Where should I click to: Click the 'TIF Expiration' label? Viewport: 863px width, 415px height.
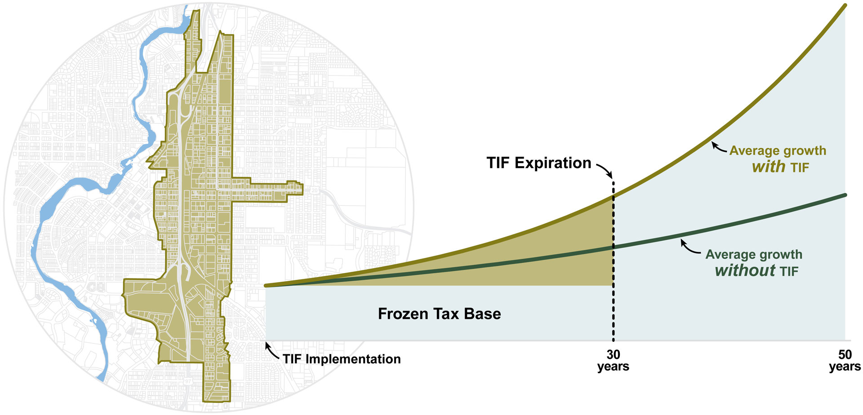coord(538,163)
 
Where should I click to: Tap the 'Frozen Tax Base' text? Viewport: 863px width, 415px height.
coord(439,313)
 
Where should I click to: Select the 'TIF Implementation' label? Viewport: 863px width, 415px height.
coord(342,359)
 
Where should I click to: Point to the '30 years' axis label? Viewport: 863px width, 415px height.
coord(613,361)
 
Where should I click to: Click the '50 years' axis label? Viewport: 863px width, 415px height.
coord(845,361)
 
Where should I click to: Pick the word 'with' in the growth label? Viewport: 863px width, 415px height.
coord(768,167)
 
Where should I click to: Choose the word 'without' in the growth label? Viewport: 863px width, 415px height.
coord(745,270)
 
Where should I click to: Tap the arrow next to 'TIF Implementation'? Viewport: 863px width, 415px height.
coord(271,352)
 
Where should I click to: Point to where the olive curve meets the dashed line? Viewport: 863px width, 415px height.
coord(613,196)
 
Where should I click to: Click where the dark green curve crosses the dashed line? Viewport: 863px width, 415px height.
coord(613,247)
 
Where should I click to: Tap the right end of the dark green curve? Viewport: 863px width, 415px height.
coord(845,195)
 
